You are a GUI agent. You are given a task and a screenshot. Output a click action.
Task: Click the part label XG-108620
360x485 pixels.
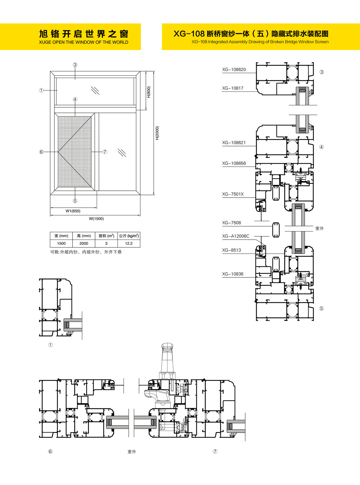tap(234, 70)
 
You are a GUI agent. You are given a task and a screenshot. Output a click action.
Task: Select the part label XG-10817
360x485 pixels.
tap(233, 88)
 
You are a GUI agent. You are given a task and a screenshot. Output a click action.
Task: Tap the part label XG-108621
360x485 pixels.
tap(234, 143)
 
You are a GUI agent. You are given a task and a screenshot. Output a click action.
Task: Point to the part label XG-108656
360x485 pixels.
tap(234, 163)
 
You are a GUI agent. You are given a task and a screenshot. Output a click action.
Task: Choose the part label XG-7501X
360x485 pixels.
tap(233, 194)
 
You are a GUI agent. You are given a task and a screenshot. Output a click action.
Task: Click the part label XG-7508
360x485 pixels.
tap(232, 222)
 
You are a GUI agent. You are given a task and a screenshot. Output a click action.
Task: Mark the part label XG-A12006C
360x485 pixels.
tap(236, 236)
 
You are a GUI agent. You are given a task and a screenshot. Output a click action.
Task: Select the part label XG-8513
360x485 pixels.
tap(232, 250)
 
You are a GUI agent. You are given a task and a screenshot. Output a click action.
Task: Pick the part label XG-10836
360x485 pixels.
tap(233, 274)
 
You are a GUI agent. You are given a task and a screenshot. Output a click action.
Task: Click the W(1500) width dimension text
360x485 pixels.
tap(96, 219)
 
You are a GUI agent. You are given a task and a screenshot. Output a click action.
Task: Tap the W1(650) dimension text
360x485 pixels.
tap(73, 211)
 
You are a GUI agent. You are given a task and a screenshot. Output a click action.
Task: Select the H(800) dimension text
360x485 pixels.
tap(149, 92)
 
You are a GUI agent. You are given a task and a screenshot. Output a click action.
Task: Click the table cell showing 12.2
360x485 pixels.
tap(129, 243)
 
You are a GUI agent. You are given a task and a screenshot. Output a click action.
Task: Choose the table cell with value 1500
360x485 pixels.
tap(61, 243)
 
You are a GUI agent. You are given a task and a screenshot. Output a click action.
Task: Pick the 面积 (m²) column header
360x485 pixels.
tap(106, 236)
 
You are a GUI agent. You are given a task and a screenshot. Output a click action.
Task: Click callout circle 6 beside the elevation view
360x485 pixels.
tap(41, 152)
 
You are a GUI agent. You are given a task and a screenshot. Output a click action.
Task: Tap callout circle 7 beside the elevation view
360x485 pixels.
tap(105, 152)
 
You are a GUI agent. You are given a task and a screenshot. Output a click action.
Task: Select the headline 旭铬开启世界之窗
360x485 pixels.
tap(83, 34)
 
